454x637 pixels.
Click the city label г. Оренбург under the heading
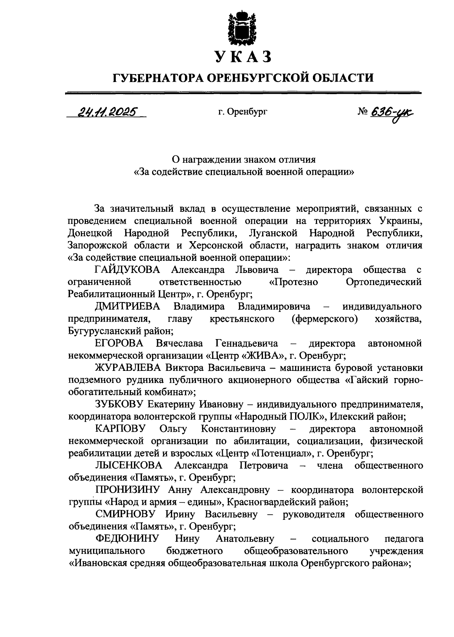coord(243,112)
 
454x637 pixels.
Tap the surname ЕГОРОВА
coord(119,343)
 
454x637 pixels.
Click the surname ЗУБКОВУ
coord(118,405)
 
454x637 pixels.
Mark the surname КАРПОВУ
coord(120,429)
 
